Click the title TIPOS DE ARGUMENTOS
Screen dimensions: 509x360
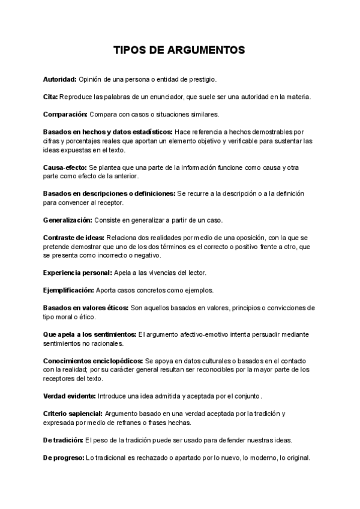tap(179, 50)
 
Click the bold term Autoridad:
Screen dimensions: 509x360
tap(59, 79)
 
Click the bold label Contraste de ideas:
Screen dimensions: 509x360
tap(73, 238)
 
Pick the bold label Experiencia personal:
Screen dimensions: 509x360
tap(77, 273)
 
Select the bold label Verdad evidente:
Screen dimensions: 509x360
tap(69, 396)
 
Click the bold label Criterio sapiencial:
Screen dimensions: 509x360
tap(73, 414)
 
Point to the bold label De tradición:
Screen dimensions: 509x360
tap(63, 440)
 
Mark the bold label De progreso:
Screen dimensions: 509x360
tap(63, 457)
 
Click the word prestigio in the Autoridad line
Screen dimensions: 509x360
tap(202, 79)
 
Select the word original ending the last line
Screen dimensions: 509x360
tap(298, 457)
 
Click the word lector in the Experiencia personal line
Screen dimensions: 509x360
tap(196, 273)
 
